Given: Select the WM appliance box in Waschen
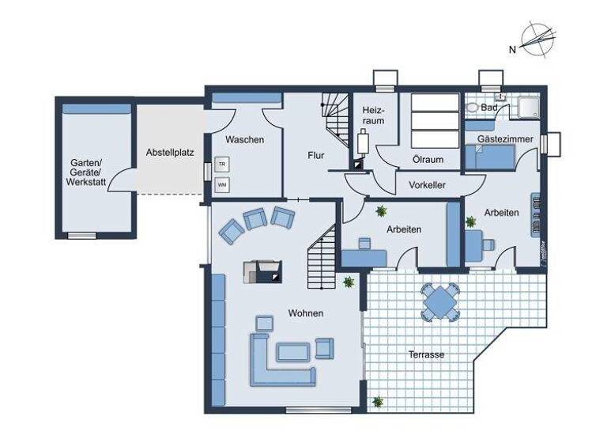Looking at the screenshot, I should point(221,185).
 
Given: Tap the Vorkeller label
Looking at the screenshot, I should point(427,184).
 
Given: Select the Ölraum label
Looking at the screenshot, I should point(428,159).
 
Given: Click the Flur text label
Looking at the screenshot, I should point(316,155).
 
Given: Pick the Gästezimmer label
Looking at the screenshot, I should point(505,139).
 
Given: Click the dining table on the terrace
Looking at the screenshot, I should point(439,301).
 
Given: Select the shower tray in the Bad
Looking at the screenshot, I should point(525,107).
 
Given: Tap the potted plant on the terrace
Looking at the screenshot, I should point(378,402).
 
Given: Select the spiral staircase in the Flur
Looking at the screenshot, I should point(337,119).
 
